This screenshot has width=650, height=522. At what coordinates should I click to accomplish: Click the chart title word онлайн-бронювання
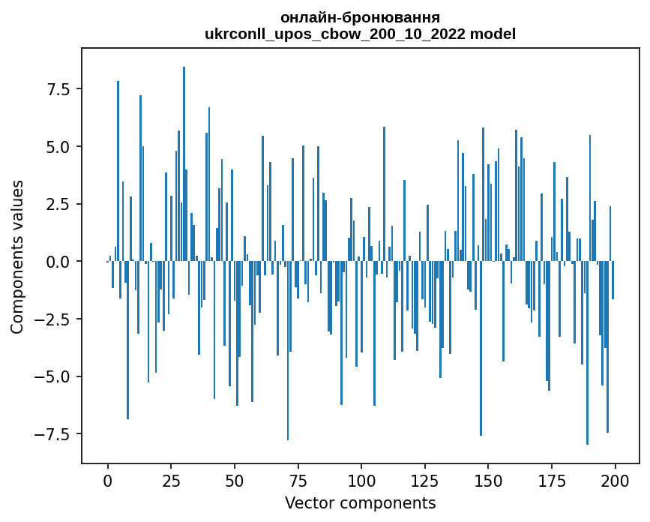tap(360, 17)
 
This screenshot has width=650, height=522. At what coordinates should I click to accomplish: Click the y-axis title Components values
tap(17, 256)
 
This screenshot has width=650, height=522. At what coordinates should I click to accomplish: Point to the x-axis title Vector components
tap(360, 503)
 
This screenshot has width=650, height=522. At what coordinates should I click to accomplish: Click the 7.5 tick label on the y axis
tap(59, 89)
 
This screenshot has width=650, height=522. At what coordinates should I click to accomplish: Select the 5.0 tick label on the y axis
tap(59, 147)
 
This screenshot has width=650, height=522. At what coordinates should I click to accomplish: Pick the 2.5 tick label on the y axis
tap(59, 204)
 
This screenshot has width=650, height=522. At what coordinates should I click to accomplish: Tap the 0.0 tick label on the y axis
tap(59, 262)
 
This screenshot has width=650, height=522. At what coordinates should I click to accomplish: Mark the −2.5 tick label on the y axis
tap(54, 319)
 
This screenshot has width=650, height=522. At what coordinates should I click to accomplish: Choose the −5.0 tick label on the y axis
tap(54, 376)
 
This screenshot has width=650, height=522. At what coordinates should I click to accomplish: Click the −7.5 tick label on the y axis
tap(54, 434)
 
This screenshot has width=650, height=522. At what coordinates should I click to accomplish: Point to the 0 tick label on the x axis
tap(108, 480)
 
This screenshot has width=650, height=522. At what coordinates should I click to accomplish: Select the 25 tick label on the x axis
tap(171, 480)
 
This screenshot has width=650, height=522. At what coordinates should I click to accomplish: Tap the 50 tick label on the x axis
tap(235, 480)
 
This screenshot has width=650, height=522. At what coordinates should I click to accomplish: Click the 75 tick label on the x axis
tap(298, 480)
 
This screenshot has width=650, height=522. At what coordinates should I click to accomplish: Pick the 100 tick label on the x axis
tap(361, 480)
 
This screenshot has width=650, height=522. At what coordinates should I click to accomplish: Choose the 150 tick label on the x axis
tap(488, 480)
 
